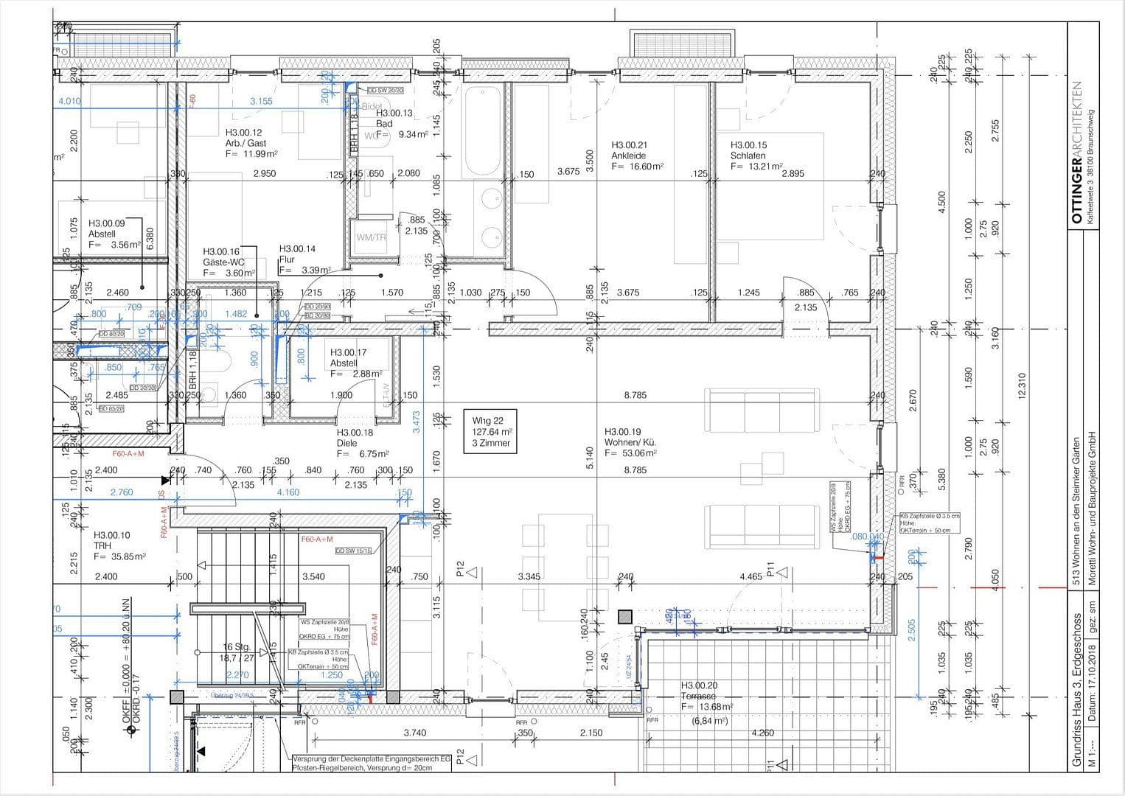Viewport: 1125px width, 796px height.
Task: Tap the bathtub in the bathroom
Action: (481, 131)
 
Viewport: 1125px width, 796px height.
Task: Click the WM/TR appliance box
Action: (371, 237)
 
